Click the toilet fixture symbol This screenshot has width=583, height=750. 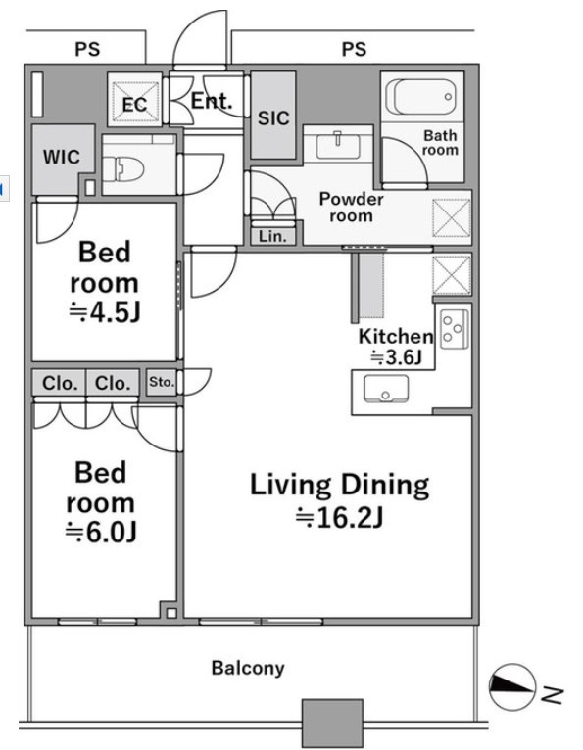pos(123,168)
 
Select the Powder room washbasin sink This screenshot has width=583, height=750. pos(338,146)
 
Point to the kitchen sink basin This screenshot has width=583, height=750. pos(386,389)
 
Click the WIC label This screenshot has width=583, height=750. pos(62,157)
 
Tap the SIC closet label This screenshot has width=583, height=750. pos(273,118)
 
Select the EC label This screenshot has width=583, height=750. pos(134,104)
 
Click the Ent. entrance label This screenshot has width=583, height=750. pos(212,101)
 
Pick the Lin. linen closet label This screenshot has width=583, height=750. pos(272,236)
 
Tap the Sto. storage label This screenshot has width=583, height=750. pos(162,382)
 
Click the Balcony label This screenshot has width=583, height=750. pos(248,668)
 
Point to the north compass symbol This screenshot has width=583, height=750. pos(512,687)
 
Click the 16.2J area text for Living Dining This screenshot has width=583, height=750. pos(339,518)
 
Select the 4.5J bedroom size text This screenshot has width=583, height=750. pos(105,312)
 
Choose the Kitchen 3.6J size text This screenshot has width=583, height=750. pos(396,356)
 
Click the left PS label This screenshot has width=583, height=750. pos(87,49)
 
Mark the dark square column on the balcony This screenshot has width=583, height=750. pos(332,724)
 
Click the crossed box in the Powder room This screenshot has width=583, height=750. pos(452,218)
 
